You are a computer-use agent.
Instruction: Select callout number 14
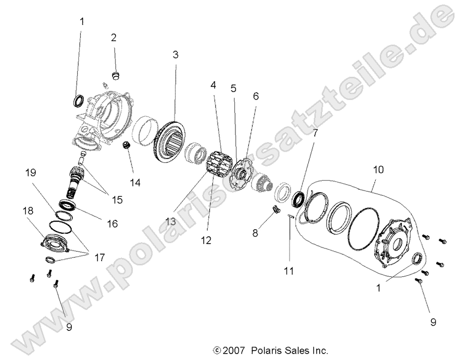[x=135, y=182]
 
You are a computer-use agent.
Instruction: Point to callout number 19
[x=31, y=173]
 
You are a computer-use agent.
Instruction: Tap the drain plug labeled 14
[x=127, y=146]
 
